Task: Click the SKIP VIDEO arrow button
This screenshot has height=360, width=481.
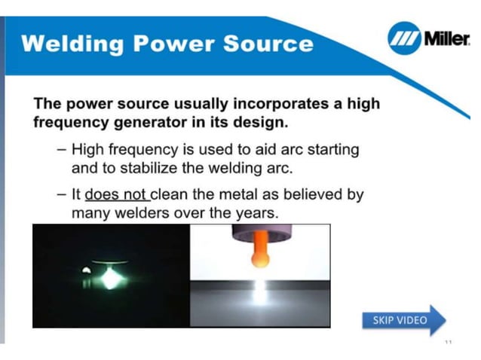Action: pos(403,320)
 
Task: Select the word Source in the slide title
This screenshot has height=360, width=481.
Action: pos(268,43)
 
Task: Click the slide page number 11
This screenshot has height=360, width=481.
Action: pos(448,343)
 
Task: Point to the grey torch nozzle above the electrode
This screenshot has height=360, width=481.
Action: pos(259,234)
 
